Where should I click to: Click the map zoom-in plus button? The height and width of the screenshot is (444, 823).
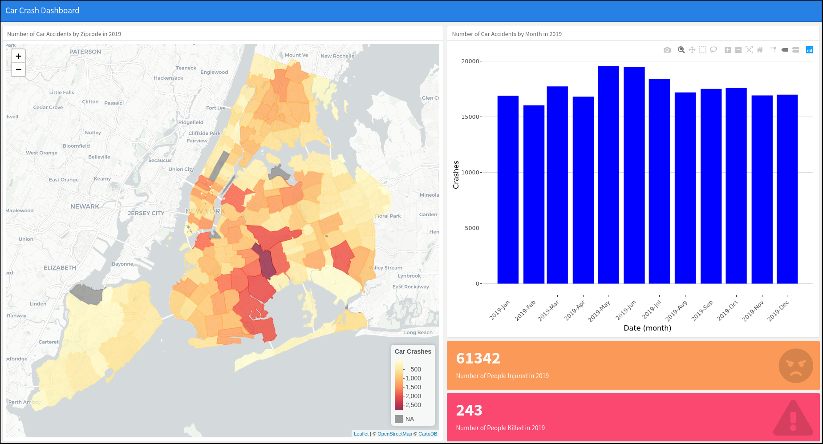18,56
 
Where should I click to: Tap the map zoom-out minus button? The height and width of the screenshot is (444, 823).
18,69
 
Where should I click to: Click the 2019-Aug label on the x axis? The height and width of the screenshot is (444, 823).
677,311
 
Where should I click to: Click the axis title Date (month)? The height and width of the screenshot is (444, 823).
647,328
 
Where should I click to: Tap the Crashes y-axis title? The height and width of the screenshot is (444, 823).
456,174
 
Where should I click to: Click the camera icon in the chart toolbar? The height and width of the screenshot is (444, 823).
667,50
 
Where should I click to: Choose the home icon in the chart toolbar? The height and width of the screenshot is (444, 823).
760,50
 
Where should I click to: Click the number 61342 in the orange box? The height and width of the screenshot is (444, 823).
478,358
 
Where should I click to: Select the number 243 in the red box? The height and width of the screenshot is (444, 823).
469,410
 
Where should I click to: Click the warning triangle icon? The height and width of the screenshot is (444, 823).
793,419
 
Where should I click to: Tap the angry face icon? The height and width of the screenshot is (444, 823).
795,366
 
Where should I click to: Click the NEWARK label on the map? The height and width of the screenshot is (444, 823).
85,206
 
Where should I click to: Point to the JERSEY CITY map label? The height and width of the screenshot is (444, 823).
146,214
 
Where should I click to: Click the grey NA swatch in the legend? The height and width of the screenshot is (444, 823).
399,419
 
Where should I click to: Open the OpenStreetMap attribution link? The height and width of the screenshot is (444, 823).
395,434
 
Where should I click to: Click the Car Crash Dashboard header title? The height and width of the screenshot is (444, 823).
42,11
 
